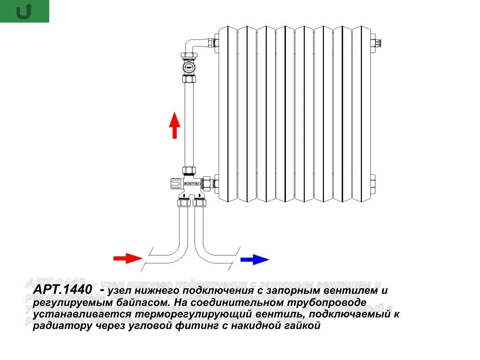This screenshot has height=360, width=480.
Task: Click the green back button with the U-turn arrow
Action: pyautogui.click(x=24, y=11)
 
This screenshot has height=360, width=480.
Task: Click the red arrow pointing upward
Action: pyautogui.click(x=174, y=125)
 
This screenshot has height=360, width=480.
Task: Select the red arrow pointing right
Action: pyautogui.click(x=127, y=258)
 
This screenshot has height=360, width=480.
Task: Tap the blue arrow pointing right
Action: pyautogui.click(x=255, y=259)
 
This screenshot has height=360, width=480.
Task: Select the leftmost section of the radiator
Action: pyautogui.click(x=228, y=112)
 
